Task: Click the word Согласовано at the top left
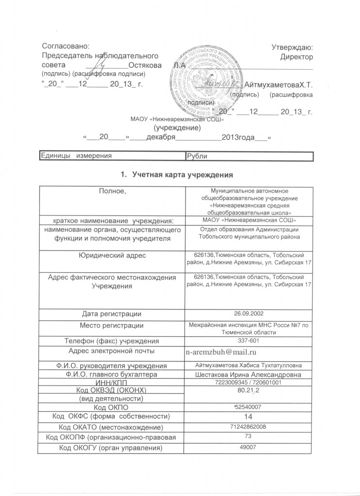coord(66,46)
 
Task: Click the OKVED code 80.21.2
coord(249,390)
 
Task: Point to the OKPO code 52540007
coord(250,407)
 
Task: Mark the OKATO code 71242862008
coord(250,427)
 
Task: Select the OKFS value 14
coord(250,417)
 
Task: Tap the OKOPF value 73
coord(250,437)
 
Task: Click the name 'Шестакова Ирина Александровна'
coord(250,374)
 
